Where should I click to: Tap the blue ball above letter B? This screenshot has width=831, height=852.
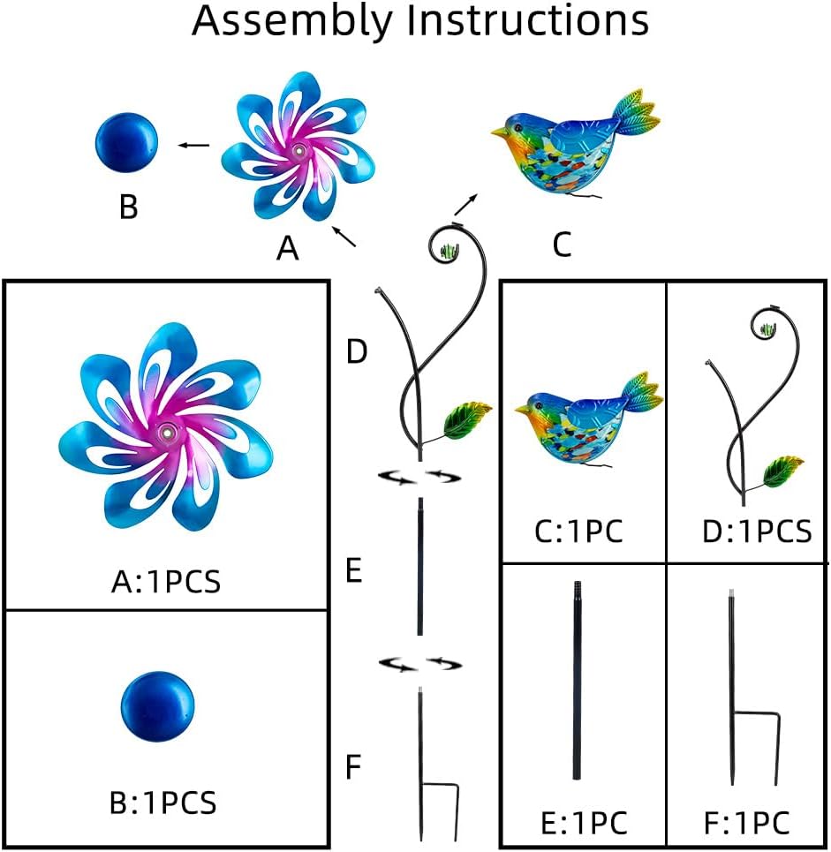click(126, 143)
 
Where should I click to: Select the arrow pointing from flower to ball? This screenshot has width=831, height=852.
click(194, 145)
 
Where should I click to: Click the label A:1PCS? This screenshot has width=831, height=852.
click(166, 582)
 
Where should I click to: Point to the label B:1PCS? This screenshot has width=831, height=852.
click(163, 802)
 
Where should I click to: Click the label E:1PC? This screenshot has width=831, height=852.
click(585, 823)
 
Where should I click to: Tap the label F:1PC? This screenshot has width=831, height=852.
click(747, 823)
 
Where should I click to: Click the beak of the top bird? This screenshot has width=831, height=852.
click(499, 132)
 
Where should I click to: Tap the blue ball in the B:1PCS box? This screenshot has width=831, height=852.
click(157, 705)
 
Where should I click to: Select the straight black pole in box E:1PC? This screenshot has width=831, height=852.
click(578, 681)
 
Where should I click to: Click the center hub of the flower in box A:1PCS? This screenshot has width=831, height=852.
click(166, 434)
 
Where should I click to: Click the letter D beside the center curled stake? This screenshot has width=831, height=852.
click(357, 351)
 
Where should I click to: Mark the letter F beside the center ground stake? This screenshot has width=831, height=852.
click(354, 766)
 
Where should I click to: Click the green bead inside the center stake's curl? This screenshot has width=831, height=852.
click(449, 251)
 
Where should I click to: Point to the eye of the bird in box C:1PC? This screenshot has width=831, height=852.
click(540, 404)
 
